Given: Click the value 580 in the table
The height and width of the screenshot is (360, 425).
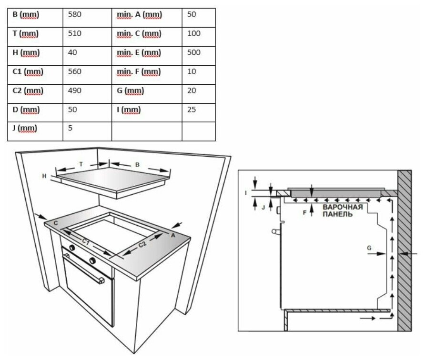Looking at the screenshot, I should click(75, 15).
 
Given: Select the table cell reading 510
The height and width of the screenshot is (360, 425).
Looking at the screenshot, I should click(75, 34).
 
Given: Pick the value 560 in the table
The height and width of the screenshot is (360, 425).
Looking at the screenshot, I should click(75, 72).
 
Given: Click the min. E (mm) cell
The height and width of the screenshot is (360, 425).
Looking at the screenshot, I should click(139, 53).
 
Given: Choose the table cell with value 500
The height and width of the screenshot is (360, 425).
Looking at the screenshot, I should click(193, 53).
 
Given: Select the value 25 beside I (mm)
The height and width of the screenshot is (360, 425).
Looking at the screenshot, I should click(191, 110).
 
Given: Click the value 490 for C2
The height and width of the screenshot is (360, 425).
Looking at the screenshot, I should click(75, 91).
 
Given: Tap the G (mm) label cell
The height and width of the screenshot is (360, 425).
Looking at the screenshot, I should click(130, 91).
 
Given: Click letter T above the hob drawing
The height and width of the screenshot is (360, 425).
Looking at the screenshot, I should click(81, 164).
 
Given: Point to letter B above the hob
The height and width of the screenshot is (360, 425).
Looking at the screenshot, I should click(137, 165).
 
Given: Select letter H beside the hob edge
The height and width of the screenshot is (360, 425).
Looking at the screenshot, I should click(44, 176).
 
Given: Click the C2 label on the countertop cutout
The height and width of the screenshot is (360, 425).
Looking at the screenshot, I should click(142, 245).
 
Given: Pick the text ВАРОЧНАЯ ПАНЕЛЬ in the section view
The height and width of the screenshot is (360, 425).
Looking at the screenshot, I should click(342, 211).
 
